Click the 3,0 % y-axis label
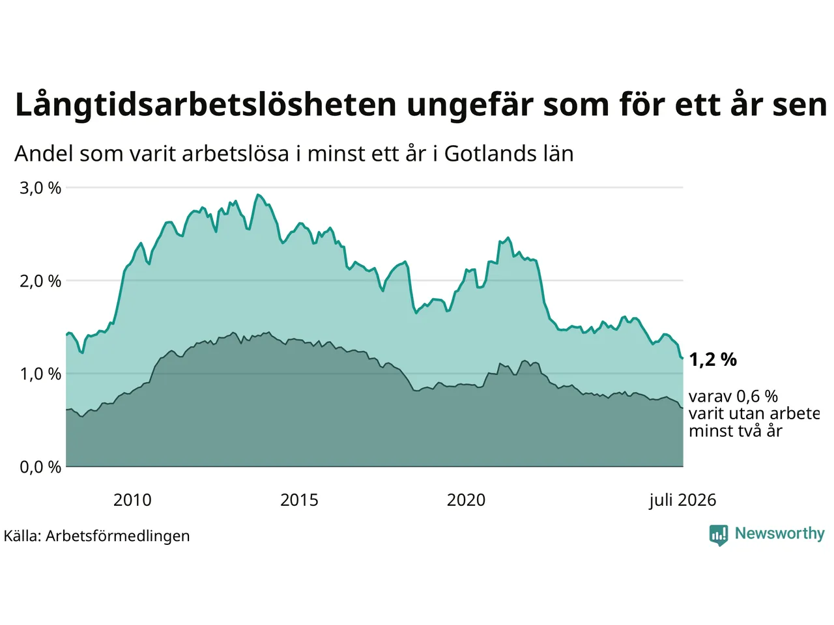coord(40,188)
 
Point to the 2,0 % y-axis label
coord(40,281)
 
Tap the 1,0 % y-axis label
coord(40,374)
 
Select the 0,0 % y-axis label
coord(40,467)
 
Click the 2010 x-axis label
coord(132,500)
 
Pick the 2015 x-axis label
coord(299,500)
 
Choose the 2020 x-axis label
coord(466,500)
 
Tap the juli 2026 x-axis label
coord(682,501)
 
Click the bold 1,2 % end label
coord(713,359)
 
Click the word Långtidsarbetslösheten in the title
coord(206,105)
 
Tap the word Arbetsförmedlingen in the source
coord(117,536)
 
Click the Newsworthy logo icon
coord(719,535)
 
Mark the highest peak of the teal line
coord(258,195)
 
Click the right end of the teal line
coord(683,358)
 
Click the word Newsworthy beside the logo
coord(780,534)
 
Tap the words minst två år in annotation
coord(736,431)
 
